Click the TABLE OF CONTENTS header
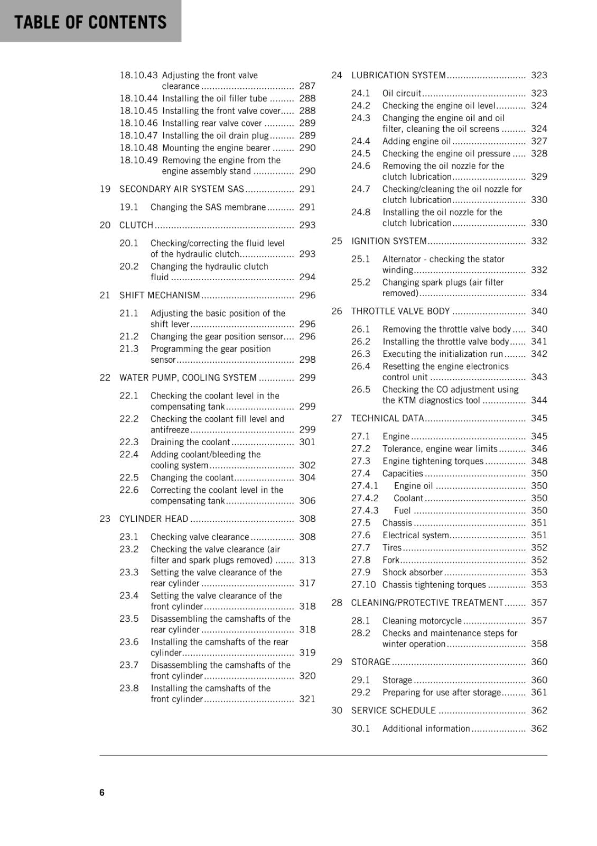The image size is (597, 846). tap(90, 22)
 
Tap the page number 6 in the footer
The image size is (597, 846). tap(102, 792)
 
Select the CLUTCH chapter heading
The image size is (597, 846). tap(136, 225)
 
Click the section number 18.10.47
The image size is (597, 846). tap(138, 135)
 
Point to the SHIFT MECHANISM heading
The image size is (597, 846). tap(160, 295)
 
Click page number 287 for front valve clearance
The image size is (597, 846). tap(307, 86)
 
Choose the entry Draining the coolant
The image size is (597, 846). tap(190, 442)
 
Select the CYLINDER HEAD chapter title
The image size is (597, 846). tap(153, 519)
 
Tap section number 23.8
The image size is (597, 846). tap(129, 688)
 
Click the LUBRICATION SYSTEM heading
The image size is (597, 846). tap(398, 75)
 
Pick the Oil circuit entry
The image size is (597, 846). tap(402, 93)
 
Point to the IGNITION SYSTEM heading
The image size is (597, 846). tap(389, 241)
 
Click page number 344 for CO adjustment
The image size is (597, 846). tap(539, 400)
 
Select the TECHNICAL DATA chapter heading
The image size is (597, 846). tap(387, 418)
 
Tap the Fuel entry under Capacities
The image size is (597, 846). tap(402, 510)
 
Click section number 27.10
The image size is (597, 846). tap(363, 585)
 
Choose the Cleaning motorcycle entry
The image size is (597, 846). tap(422, 621)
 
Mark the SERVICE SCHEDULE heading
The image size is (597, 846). tap(394, 711)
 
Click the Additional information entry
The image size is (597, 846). tap(426, 729)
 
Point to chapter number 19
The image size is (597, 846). tap(105, 189)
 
